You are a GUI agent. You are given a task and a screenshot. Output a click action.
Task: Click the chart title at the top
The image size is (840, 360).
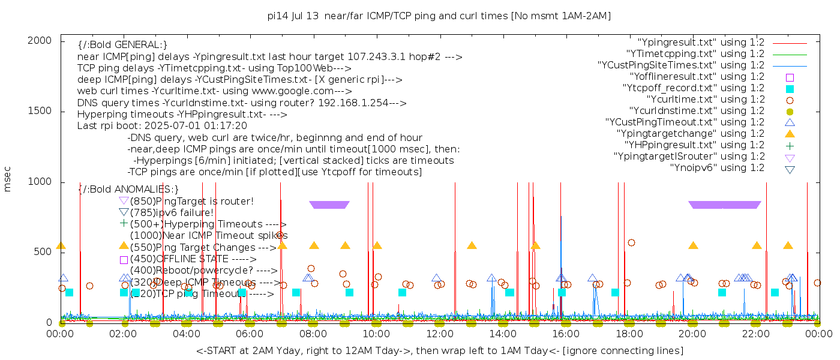(439, 16)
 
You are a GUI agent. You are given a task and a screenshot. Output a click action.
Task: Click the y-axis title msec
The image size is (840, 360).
(8, 179)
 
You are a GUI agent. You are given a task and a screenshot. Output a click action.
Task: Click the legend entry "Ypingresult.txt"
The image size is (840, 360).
(701, 43)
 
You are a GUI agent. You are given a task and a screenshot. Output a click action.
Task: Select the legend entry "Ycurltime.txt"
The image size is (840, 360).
(706, 100)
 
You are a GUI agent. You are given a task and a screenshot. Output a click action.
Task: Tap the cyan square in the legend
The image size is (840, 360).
(790, 89)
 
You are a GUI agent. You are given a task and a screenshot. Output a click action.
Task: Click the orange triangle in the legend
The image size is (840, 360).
(790, 134)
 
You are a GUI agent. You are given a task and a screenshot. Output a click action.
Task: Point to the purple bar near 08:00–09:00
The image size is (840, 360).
(329, 205)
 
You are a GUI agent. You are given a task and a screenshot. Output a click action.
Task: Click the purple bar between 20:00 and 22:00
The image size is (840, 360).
(725, 205)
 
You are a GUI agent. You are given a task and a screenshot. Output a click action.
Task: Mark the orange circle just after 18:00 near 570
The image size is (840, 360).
(631, 243)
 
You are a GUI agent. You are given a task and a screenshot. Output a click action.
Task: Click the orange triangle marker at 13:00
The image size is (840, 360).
(472, 245)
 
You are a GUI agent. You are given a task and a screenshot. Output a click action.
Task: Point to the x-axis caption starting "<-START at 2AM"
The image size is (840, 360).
(439, 350)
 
